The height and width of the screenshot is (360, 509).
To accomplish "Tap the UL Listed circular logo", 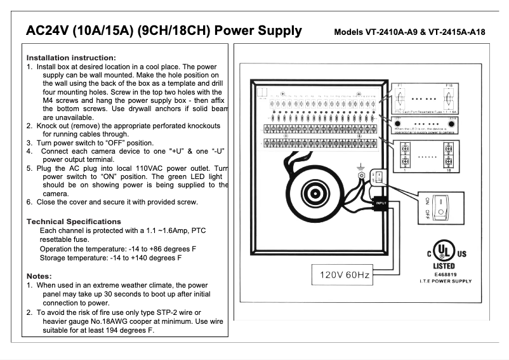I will coord(444,249).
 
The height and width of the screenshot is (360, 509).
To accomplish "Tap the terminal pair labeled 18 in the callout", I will coord(449,154).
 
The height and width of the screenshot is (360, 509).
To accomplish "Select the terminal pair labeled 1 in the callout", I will coord(404,154).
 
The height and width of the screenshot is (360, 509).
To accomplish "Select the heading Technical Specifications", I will coord(74,222).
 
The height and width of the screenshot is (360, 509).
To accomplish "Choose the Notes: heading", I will coord(39,276).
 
